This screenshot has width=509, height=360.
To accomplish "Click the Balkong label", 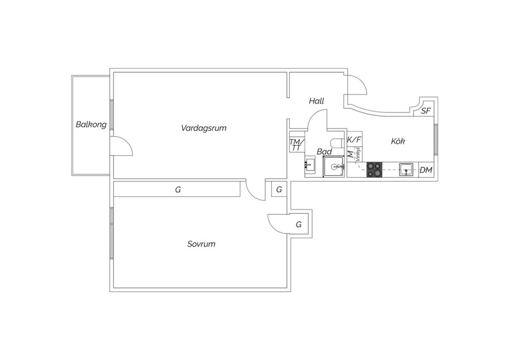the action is (x=91, y=125).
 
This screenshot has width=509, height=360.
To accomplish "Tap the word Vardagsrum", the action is (x=203, y=128).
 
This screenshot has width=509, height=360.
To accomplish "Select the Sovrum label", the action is (x=201, y=244).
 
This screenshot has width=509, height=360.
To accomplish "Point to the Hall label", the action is (x=317, y=101).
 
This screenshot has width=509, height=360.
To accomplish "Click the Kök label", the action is (x=398, y=141).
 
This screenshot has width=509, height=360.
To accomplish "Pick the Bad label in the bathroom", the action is (x=324, y=152).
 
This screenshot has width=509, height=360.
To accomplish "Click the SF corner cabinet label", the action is (x=425, y=111).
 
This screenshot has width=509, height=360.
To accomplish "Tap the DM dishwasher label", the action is (x=426, y=170).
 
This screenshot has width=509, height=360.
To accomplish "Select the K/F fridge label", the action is (x=354, y=140).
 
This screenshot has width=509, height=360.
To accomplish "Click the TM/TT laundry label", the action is (x=297, y=145).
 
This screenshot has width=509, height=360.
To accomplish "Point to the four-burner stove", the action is (x=374, y=170).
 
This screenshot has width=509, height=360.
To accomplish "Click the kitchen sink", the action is (x=406, y=170).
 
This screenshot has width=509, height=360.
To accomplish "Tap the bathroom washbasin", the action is (x=310, y=165).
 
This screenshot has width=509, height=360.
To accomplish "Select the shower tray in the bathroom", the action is (x=334, y=167).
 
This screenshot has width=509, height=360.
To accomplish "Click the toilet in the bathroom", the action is (x=338, y=143).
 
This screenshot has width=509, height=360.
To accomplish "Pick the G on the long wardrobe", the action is (x=178, y=189).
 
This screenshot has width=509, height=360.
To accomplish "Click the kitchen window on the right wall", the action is (x=436, y=140).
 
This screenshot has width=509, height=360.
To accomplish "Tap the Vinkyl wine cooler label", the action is (x=358, y=154).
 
